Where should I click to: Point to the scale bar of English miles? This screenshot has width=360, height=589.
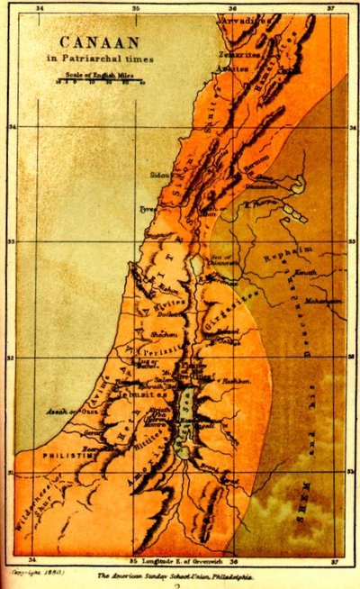pos(99,81)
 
